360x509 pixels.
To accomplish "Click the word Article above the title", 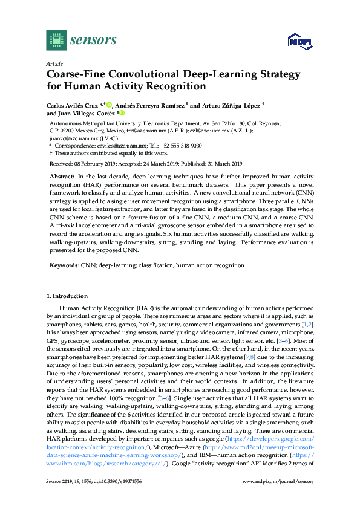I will pos(54,63).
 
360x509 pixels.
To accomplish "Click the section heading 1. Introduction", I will pos(67,296).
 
